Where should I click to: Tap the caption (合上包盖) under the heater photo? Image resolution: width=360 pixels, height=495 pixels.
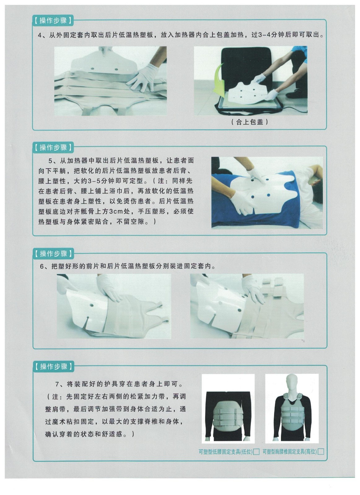point(249,122)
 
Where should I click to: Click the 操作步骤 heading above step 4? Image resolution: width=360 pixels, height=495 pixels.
point(53,20)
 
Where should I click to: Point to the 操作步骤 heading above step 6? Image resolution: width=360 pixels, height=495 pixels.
point(53,254)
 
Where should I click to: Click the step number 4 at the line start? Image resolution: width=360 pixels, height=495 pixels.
point(40,35)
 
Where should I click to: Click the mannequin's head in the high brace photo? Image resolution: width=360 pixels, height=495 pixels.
point(292,383)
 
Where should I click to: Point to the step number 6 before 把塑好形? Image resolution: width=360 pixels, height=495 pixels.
point(42,266)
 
